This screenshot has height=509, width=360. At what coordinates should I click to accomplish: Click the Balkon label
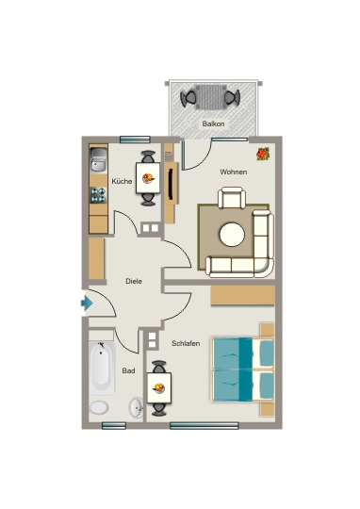213,123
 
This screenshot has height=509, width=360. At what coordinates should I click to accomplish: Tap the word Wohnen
234,172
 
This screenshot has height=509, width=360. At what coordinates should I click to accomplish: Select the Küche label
122,181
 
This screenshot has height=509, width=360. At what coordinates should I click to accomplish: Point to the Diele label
134,281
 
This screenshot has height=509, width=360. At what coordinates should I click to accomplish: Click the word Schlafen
186,343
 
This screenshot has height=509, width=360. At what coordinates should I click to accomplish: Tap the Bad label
128,370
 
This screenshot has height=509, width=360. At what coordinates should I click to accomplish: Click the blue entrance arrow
87,304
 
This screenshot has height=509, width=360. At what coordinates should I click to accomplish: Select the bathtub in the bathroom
102,368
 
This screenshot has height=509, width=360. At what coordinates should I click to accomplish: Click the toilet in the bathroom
99,407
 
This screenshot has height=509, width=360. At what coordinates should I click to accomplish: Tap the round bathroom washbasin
136,408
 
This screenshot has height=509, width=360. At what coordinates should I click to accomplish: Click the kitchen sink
98,159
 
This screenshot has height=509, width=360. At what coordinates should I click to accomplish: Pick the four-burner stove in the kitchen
98,195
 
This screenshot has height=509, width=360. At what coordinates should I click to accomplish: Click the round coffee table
232,235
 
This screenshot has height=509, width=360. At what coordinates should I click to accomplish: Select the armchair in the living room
232,198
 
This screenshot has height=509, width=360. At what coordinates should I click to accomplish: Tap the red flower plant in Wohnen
263,154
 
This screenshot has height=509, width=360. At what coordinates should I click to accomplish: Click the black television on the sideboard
171,184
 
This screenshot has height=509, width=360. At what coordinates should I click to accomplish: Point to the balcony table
211,97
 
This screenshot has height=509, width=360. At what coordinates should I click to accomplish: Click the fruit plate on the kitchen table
148,178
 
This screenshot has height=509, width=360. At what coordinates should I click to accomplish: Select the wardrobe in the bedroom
243,295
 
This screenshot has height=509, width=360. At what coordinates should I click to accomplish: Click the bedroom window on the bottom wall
205,425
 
